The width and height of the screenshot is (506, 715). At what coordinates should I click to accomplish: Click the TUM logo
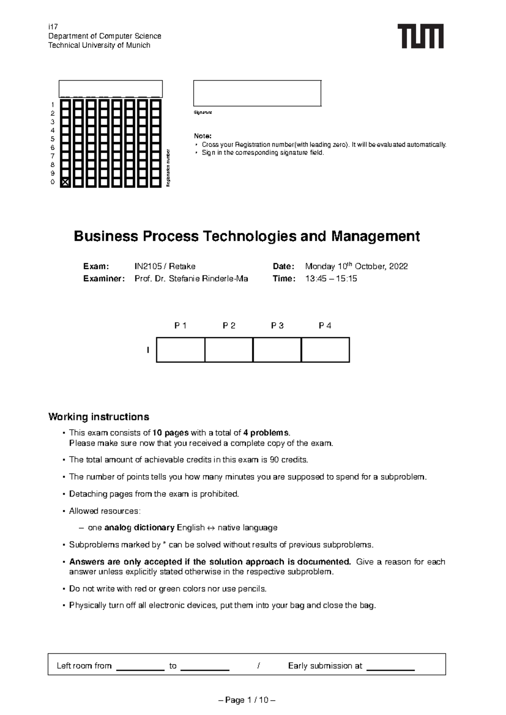click(420, 36)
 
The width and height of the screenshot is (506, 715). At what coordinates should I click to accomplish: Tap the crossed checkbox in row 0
click(65, 182)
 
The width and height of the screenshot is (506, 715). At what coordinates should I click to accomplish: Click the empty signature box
click(257, 93)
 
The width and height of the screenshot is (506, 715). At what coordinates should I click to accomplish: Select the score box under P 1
click(180, 349)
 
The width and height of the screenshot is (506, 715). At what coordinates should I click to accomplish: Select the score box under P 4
click(325, 349)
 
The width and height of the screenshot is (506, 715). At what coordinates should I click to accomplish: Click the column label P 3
click(277, 325)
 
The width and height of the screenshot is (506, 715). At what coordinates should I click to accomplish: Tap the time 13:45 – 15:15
click(331, 279)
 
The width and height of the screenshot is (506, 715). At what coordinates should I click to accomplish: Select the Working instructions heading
click(99, 417)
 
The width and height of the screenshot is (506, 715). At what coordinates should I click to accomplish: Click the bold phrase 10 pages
click(170, 433)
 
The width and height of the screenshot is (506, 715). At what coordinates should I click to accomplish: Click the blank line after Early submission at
click(390, 667)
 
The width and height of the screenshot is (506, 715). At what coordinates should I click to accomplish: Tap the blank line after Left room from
click(140, 667)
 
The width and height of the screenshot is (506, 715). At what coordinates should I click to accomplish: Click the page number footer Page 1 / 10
click(247, 700)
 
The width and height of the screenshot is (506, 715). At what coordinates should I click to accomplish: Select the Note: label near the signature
click(202, 136)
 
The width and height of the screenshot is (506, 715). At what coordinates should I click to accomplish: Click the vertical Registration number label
click(168, 168)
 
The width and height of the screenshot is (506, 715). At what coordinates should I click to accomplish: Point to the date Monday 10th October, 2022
click(356, 266)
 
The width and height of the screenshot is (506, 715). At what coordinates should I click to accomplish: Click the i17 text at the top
click(53, 27)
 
